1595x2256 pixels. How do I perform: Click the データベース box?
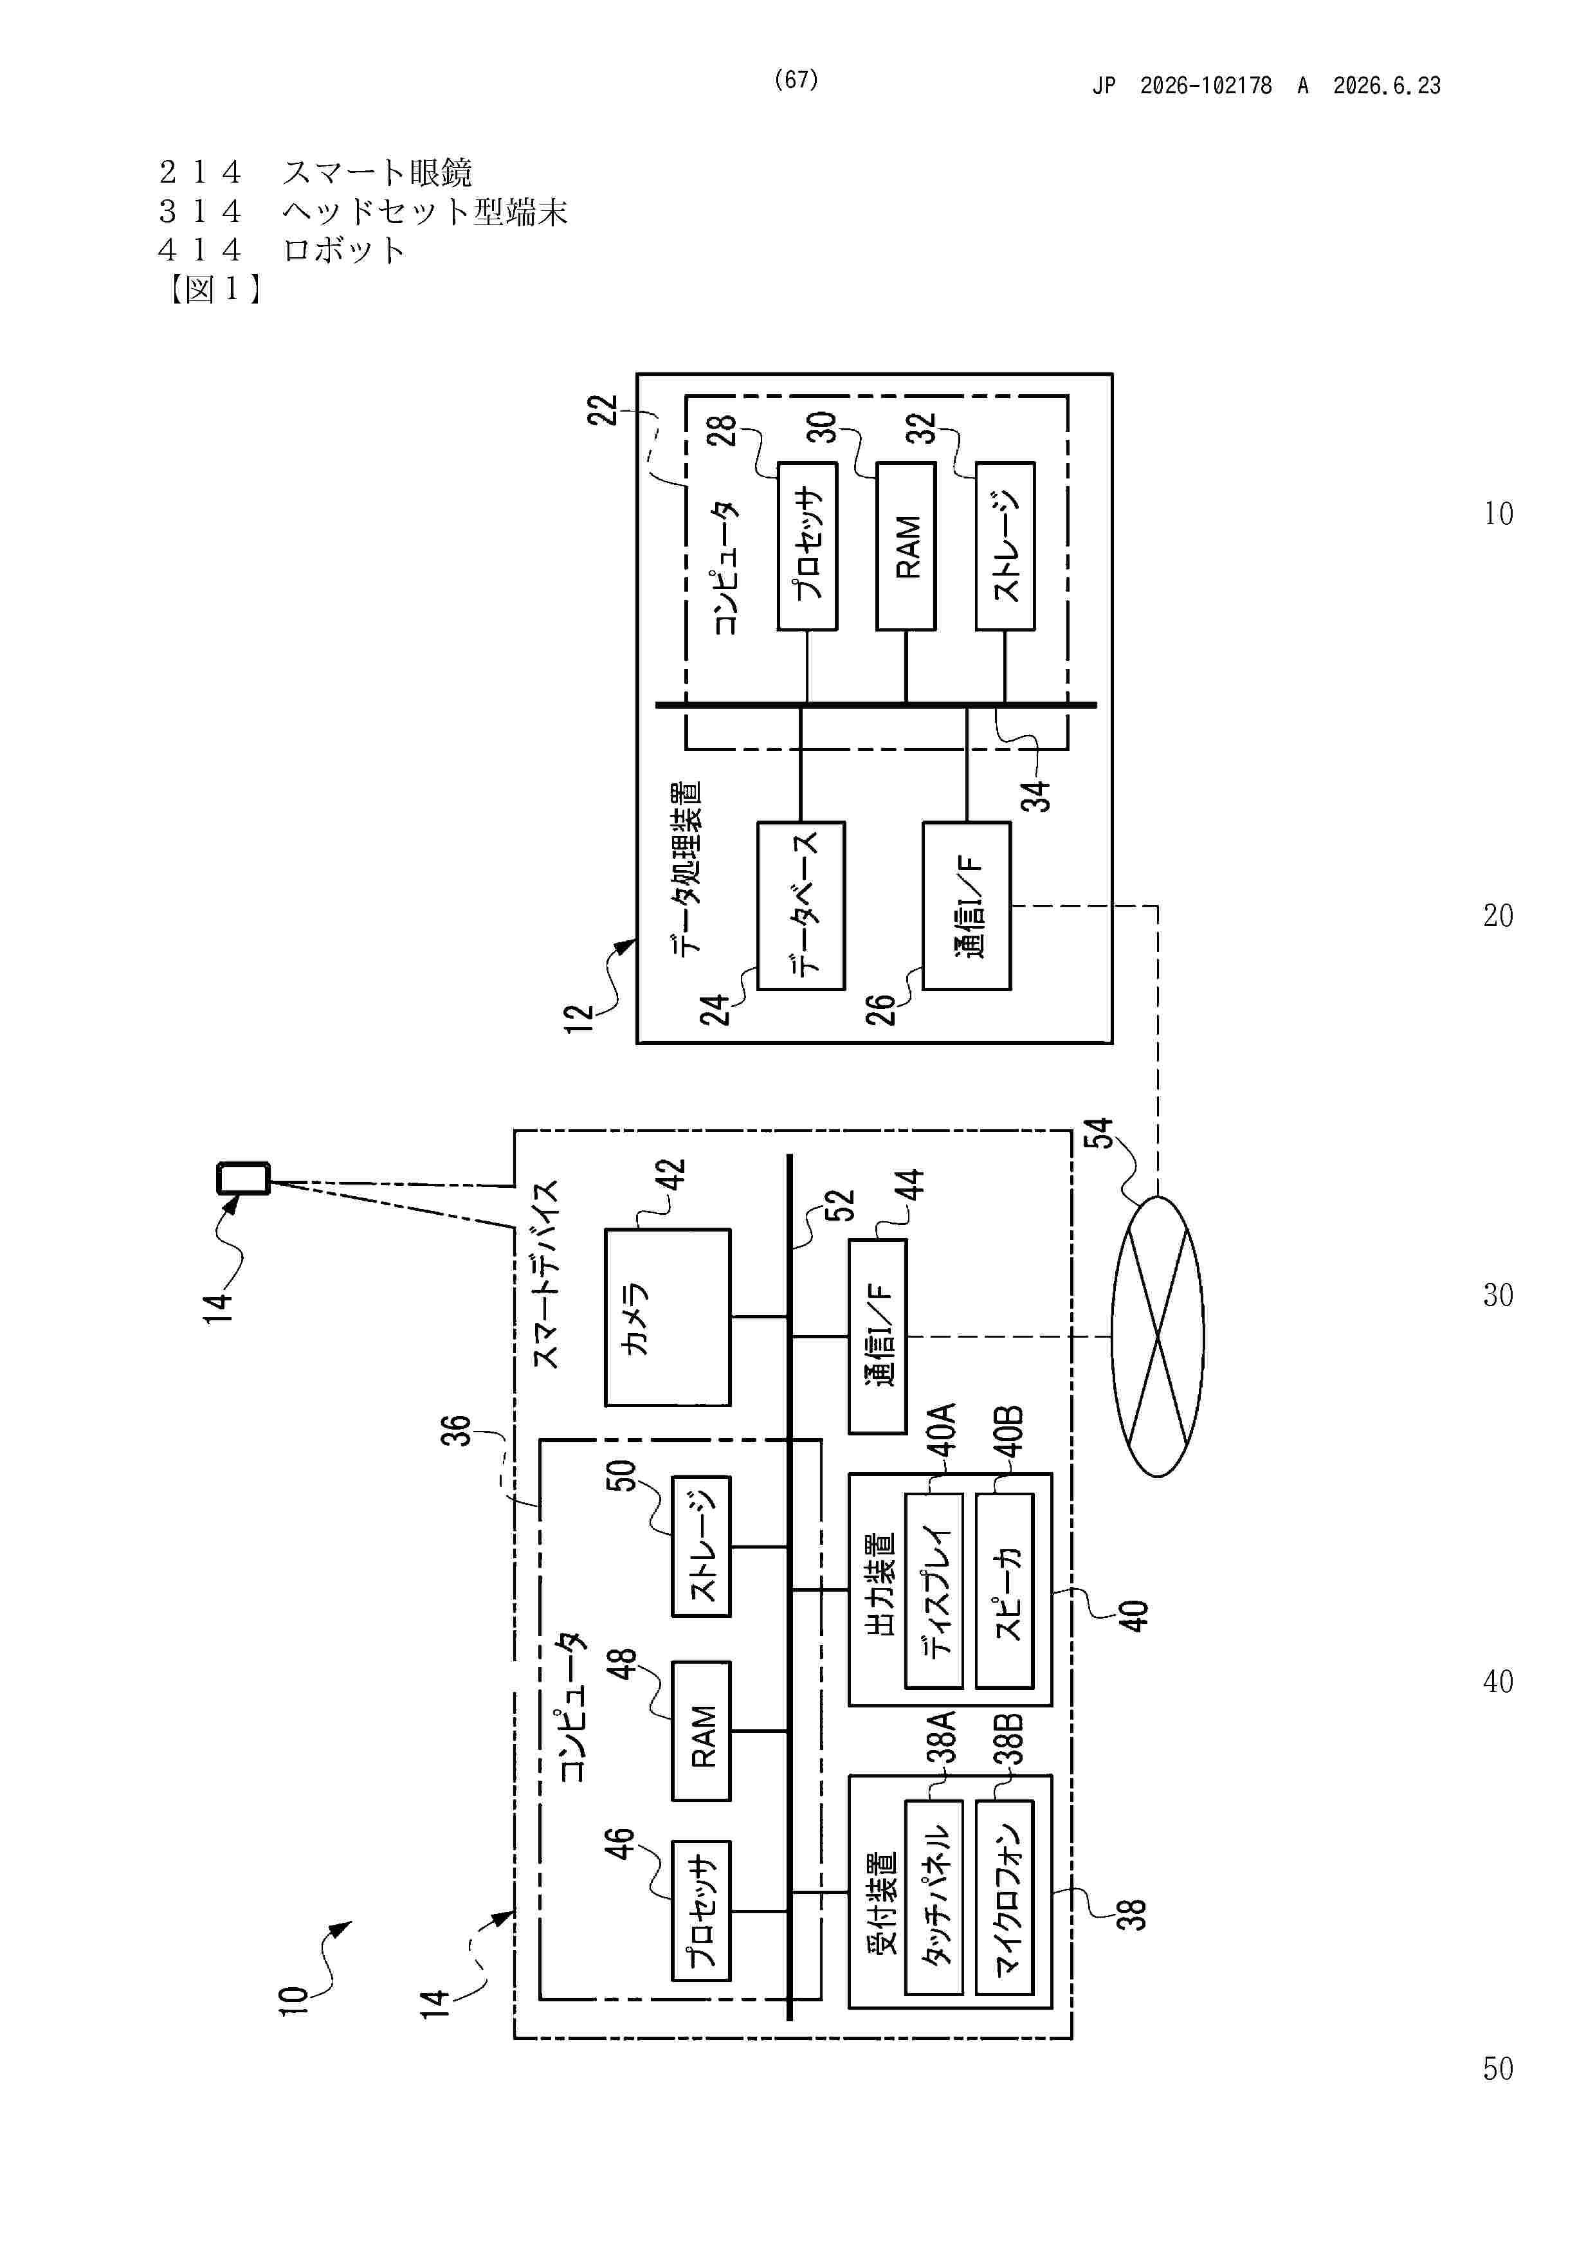coord(801,905)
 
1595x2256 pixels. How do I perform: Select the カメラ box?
coord(668,1316)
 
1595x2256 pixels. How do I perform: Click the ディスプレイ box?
coord(934,1590)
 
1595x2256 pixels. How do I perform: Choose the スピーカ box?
coord(1005,1590)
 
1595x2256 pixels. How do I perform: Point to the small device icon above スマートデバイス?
coord(242,1178)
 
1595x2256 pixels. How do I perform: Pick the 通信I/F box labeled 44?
coord(878,1336)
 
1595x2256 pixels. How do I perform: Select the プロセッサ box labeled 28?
coord(807,545)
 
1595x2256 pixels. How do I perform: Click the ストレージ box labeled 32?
coord(1005,545)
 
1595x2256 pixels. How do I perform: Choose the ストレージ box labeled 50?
coord(700,1545)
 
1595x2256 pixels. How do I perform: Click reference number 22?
coord(603,410)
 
